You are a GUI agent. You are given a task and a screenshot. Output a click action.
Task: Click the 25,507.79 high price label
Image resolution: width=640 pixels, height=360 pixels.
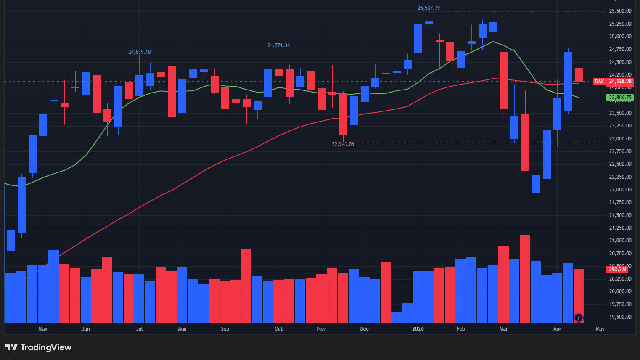pos(428,8)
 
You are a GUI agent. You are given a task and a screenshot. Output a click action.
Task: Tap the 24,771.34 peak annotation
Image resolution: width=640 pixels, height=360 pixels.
pos(278,45)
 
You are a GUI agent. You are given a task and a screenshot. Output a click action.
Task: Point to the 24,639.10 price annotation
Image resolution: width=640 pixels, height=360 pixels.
pos(139,52)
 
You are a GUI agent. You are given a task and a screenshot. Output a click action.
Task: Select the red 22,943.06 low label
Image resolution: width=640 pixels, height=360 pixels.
pos(343,144)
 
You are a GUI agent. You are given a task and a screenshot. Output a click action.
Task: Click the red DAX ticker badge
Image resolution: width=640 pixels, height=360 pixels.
pos(599,82)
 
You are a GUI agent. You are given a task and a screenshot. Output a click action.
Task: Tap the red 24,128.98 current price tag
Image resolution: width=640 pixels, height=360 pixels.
pos(620,82)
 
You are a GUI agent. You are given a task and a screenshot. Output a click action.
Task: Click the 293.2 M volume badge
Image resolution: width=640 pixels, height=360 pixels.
pos(617,269)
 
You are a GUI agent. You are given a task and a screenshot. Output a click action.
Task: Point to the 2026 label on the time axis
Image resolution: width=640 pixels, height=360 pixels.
pos(418,329)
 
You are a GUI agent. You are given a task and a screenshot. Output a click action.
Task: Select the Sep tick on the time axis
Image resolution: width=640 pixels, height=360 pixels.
pos(225,329)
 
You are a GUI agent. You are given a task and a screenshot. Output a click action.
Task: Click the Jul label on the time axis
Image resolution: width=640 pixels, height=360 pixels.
pos(139,329)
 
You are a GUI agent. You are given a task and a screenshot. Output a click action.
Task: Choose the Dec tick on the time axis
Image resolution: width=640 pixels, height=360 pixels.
pos(364,329)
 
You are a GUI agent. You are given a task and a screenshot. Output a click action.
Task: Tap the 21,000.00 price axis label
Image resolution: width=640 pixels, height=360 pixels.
pos(620,241)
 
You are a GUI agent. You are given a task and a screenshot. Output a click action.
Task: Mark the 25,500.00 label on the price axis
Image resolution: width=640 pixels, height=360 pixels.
pos(620,11)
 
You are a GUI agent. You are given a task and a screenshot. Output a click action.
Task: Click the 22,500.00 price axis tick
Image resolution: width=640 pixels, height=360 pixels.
pos(620,164)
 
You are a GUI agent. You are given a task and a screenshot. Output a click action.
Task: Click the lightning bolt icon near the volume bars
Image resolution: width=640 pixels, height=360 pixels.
pos(579,318)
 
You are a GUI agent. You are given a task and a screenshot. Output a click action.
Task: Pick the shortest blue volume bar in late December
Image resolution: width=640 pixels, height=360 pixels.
pos(397,317)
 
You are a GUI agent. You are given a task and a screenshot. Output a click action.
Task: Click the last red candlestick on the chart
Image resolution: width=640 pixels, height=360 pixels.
pos(579,75)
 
